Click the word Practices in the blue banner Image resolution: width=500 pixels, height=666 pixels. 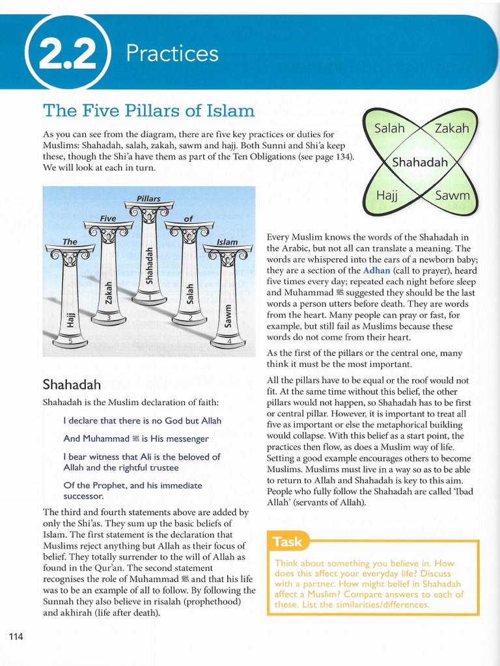pos(172,53)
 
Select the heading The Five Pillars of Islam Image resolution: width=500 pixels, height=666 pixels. pos(148,110)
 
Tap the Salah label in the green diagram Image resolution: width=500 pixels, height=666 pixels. pos(389,128)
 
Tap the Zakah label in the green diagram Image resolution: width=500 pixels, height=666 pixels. pos(451,128)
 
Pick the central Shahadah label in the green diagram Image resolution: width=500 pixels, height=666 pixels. pos(420,162)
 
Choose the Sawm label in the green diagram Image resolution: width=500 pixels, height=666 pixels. pos(452,194)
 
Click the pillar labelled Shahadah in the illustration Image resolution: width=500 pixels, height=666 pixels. pos(149,260)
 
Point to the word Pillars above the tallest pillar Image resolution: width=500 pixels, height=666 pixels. pos(148,198)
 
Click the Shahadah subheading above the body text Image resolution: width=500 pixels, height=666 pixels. pos(71,385)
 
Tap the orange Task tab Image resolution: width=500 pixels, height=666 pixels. pos(287,541)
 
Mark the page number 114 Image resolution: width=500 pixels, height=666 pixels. pos(16,636)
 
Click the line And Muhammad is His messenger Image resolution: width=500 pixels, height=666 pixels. pos(136,439)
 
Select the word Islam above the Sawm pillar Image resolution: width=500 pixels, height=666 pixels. pos(227,242)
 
